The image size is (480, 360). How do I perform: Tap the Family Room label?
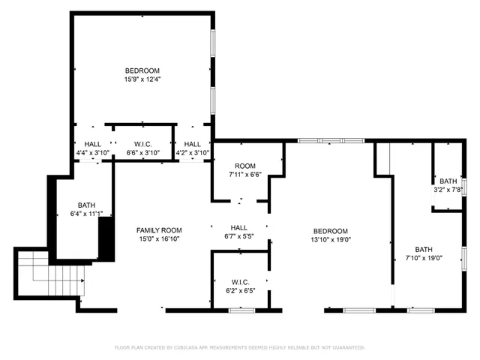tap(159, 230)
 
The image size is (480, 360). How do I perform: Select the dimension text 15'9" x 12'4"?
tap(142, 79)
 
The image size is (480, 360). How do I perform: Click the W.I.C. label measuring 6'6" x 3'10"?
tap(143, 144)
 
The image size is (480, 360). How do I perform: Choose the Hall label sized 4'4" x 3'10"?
tap(93, 144)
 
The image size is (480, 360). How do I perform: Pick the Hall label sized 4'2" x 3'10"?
tap(193, 144)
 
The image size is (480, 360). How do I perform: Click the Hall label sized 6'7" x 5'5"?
tap(239, 228)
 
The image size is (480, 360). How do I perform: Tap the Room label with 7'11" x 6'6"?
tap(245, 166)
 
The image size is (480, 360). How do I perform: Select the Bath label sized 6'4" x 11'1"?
tap(87, 205)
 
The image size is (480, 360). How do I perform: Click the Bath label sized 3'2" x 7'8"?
tap(448, 181)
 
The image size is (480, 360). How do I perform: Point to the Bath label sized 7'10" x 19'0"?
tap(424, 250)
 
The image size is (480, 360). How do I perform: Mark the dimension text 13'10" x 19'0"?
tap(331, 240)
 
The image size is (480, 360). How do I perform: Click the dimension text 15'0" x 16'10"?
tap(159, 239)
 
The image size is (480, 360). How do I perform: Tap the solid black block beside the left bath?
tap(106, 237)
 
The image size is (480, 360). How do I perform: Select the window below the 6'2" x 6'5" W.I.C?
tap(241, 310)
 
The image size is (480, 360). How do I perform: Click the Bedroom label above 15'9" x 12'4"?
tap(142, 70)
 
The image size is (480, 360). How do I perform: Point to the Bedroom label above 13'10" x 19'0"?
tap(331, 231)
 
